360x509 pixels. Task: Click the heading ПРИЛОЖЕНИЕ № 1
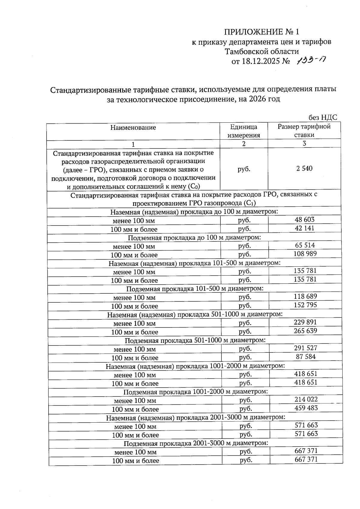coord(262,32)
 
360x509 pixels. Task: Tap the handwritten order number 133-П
coord(311,61)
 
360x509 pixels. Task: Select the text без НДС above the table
coord(323,117)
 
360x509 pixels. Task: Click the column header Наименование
coord(133,127)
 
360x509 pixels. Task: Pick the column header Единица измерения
coord(244,131)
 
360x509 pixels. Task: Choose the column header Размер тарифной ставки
coord(304,130)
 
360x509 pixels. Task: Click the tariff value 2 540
coord(304,169)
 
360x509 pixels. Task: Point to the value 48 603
coord(304,220)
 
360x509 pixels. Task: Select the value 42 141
coord(304,228)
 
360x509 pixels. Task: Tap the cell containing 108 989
coord(305,254)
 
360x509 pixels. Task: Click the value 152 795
coord(305,305)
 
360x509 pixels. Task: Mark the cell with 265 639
coord(305,331)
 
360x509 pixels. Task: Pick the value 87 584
coord(306,357)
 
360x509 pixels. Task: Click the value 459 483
coord(306,408)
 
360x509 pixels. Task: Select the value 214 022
coord(306,400)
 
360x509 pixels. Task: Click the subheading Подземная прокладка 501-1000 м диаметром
coord(195,340)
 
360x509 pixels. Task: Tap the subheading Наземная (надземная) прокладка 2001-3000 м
coord(195,418)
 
